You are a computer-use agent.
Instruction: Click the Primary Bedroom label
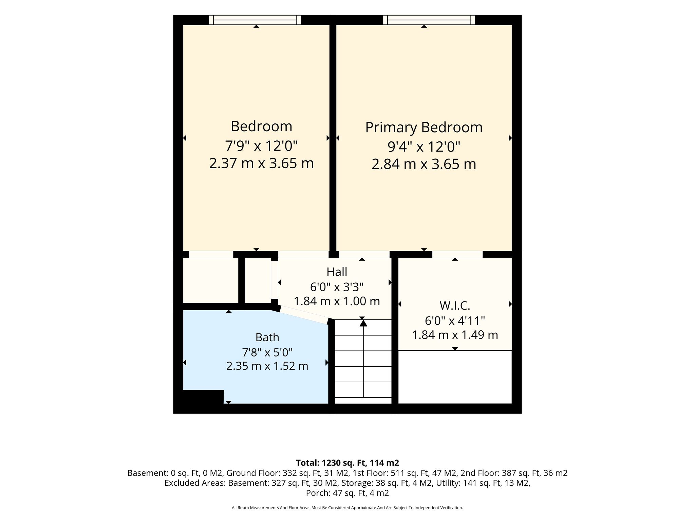424,128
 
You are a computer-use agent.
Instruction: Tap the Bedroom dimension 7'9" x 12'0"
261,146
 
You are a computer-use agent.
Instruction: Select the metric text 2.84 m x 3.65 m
424,164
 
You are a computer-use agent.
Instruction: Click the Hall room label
337,272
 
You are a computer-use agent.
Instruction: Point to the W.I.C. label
455,306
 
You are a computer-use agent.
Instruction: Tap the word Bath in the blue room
267,337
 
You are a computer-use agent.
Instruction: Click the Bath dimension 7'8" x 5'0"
267,352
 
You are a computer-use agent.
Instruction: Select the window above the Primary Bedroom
429,20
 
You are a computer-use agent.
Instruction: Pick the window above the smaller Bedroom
255,20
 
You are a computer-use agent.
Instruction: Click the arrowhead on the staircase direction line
363,323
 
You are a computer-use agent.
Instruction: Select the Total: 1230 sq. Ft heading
347,463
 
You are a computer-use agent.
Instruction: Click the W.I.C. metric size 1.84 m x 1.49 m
455,335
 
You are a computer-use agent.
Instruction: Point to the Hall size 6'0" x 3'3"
337,287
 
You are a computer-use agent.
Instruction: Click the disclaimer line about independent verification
347,508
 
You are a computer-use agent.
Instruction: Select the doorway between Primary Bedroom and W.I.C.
457,255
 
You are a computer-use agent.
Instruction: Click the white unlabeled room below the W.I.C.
455,377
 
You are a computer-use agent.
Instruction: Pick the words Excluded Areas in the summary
195,483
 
